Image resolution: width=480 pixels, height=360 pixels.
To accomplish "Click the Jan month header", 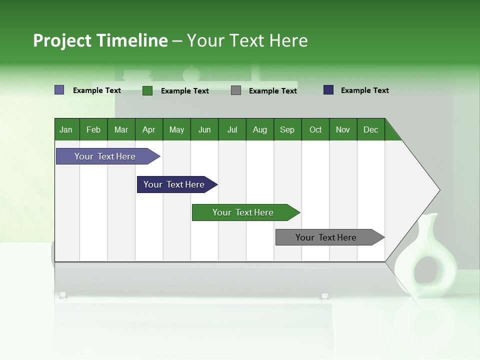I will click(x=66, y=129).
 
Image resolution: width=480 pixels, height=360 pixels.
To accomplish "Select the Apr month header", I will click(x=149, y=129).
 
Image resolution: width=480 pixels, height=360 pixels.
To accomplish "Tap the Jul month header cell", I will click(x=232, y=129).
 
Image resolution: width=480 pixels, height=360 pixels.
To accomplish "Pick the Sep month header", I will click(x=287, y=129).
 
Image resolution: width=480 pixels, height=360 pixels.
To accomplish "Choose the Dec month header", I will click(x=371, y=129).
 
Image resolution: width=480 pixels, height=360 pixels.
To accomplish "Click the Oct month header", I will click(x=315, y=129).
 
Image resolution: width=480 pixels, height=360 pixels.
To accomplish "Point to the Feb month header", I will click(x=93, y=129).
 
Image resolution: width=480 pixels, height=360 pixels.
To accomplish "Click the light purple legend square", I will click(x=59, y=90).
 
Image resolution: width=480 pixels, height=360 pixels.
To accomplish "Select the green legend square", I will click(x=147, y=90).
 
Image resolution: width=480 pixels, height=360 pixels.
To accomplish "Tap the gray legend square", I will click(x=236, y=90).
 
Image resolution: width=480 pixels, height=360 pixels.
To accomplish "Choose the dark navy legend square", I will click(x=328, y=90).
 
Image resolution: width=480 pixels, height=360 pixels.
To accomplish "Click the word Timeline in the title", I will click(x=132, y=40).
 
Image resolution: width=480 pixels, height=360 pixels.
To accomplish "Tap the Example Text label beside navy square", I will click(x=364, y=90).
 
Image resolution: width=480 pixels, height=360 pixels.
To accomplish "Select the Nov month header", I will click(x=343, y=129).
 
